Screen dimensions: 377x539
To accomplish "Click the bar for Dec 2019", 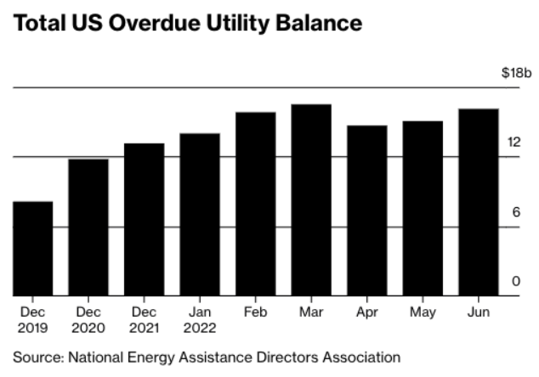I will [x=33, y=249].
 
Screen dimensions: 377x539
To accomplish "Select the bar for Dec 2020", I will [x=88, y=228].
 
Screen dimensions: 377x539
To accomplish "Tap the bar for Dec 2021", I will [x=145, y=219].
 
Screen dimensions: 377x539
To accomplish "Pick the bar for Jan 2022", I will [x=200, y=215].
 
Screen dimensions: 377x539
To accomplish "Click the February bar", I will [x=255, y=204].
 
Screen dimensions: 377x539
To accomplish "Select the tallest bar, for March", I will [x=311, y=200].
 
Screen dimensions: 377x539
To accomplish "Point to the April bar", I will [x=366, y=211].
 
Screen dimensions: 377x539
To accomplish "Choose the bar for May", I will [x=423, y=209].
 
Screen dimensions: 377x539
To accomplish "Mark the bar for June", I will [x=478, y=202].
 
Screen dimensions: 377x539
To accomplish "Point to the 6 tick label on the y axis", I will [x=516, y=212].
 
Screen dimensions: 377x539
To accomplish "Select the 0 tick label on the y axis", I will [x=516, y=282].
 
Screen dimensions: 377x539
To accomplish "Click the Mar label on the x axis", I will [x=311, y=312].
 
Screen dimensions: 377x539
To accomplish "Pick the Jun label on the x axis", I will [x=478, y=312].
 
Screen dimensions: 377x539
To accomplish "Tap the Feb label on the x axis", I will [x=255, y=312].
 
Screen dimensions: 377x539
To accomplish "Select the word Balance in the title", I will [x=315, y=25].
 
